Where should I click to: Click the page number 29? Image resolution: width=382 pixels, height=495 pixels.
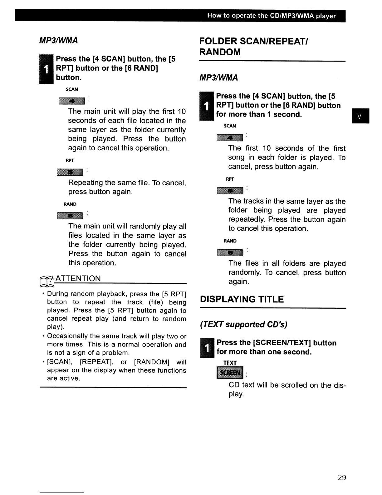click(x=341, y=477)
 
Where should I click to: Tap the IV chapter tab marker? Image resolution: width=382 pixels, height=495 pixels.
click(x=360, y=116)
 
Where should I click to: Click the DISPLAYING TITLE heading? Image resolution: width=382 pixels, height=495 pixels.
click(x=242, y=299)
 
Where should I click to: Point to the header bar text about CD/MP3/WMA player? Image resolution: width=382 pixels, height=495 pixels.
click(x=271, y=16)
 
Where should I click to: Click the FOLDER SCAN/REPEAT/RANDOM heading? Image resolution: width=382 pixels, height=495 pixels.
click(x=253, y=46)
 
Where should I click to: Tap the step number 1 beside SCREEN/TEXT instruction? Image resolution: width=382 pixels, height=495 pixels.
click(x=206, y=347)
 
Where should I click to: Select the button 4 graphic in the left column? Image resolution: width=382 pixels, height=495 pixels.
click(x=71, y=101)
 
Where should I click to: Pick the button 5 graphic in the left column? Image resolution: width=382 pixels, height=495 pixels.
click(x=70, y=172)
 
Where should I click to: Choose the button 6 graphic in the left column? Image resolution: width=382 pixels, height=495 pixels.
click(x=70, y=216)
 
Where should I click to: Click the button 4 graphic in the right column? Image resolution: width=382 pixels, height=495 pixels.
click(x=230, y=138)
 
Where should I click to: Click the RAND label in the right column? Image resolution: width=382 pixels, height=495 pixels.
click(x=230, y=241)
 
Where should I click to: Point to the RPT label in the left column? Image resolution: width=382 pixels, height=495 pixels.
click(x=70, y=160)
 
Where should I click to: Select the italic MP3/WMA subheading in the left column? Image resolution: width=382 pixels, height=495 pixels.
click(x=58, y=41)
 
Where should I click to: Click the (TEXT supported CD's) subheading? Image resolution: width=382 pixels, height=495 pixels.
click(x=243, y=324)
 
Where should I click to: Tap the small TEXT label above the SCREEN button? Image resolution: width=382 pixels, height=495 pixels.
click(x=230, y=363)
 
